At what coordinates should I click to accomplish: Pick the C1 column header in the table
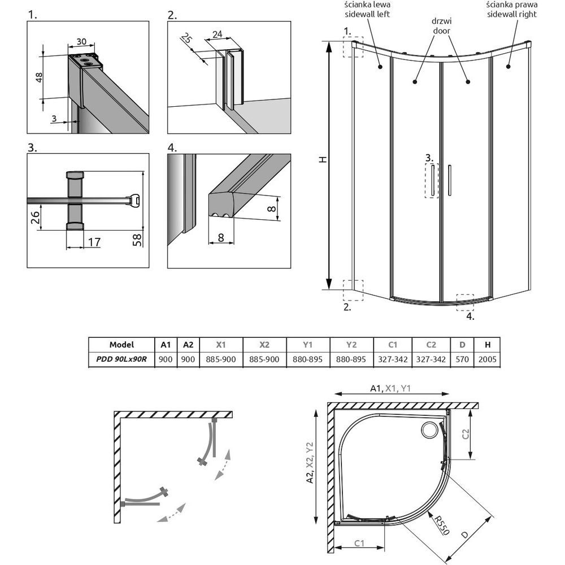pos(393,345)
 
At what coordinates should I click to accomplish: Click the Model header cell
pos(121,345)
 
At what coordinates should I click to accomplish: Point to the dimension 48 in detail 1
pos(38,77)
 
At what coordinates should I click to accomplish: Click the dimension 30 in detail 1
pos(81,42)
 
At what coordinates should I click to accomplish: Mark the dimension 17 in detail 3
pos(94,242)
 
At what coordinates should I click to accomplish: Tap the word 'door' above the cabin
pos(441,31)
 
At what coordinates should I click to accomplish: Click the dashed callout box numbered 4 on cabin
pos(465,302)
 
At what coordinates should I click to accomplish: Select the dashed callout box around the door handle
pos(432,181)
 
